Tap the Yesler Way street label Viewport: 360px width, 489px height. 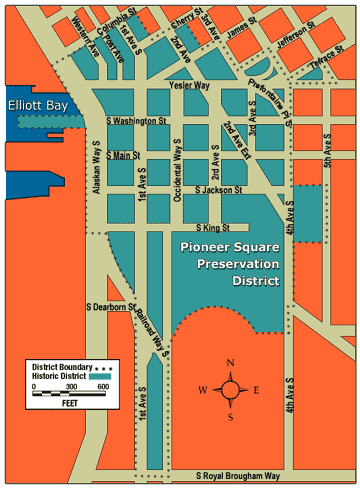tap(188, 87)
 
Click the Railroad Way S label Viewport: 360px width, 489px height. tap(152, 330)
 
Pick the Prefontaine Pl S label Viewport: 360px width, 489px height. tap(273, 102)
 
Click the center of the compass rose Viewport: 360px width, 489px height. tap(231, 390)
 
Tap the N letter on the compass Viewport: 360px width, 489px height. tap(231, 363)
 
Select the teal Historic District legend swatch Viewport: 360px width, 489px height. tap(91, 374)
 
